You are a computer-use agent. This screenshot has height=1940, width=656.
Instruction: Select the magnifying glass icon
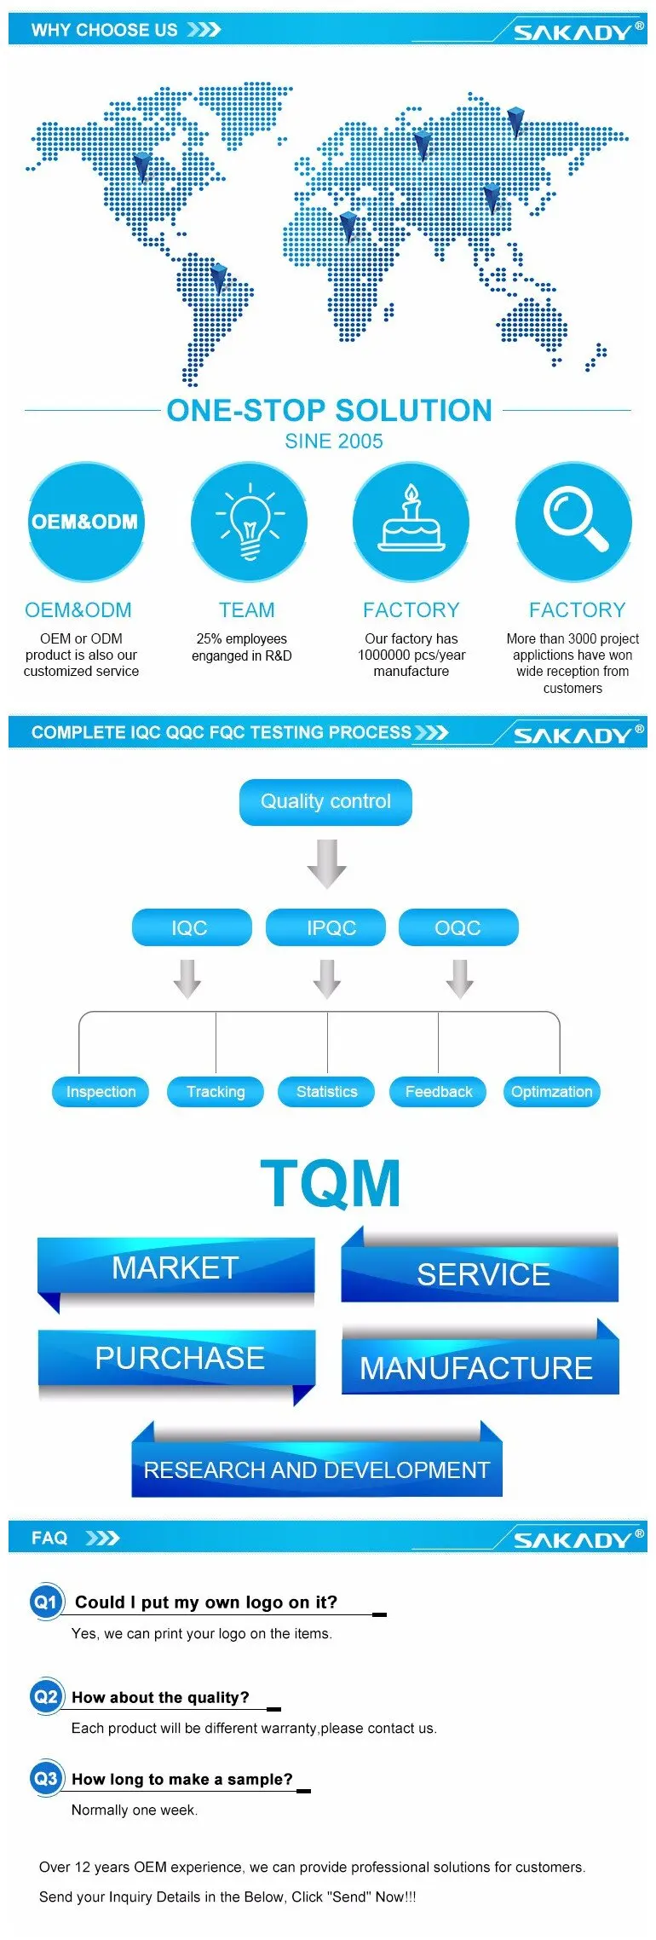574,520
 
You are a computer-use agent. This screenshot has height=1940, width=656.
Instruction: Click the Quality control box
325,801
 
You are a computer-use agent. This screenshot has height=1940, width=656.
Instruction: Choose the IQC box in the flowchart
191,927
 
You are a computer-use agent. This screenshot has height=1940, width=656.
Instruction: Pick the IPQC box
325,927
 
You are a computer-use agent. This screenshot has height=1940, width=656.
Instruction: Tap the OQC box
458,927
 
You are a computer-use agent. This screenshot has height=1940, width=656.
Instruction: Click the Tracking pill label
216,1092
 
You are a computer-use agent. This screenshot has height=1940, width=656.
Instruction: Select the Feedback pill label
438,1092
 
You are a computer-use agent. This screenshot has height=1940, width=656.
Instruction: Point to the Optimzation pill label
551,1092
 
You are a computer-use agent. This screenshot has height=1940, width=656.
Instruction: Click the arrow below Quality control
326,863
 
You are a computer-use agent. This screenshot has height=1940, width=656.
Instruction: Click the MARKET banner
176,1267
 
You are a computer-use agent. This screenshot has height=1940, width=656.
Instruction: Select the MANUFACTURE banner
477,1367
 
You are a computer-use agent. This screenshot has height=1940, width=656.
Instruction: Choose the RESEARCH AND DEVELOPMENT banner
317,1469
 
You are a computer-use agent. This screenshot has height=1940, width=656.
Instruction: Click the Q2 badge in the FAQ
45,1696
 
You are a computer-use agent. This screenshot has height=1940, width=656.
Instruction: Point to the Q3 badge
45,1778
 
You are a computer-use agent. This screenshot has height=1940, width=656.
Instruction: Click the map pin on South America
218,278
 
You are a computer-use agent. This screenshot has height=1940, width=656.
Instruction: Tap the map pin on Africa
348,227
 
